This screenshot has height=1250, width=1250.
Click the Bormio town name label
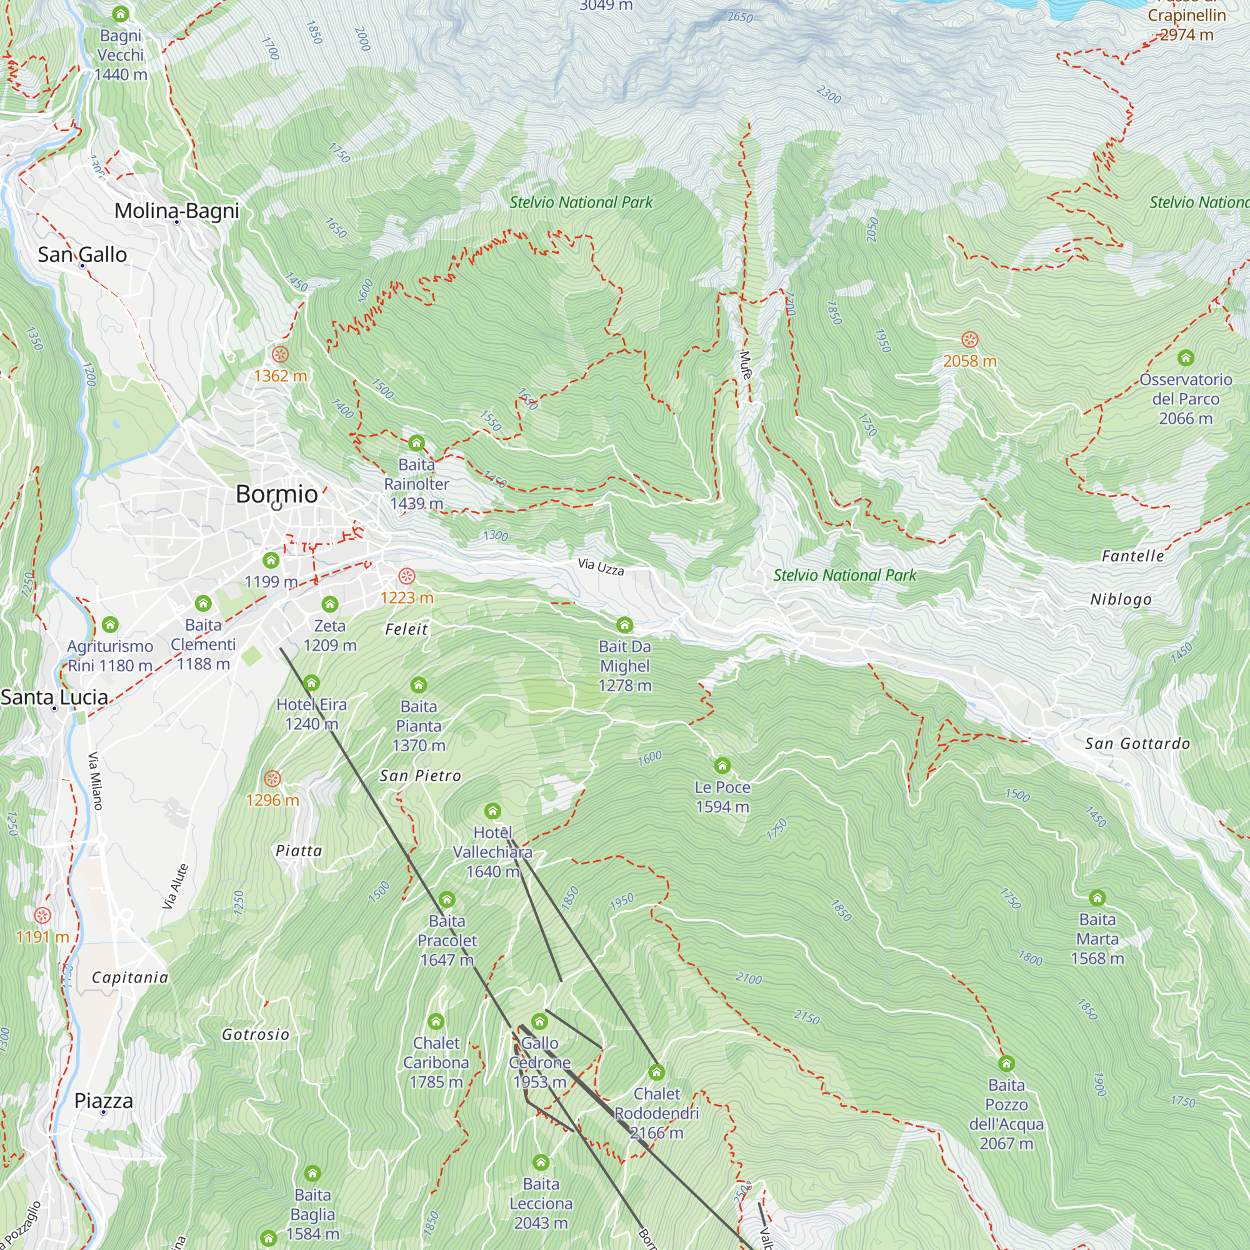276,494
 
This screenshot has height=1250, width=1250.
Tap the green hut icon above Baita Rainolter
416,443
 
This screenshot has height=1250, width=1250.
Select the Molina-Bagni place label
177,211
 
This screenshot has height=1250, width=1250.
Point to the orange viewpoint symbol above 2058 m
969,339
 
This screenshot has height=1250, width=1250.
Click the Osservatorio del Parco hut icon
1185,357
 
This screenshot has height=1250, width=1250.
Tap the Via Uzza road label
601,567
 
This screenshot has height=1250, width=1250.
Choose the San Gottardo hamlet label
1137,743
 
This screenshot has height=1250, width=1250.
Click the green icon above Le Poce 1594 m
722,766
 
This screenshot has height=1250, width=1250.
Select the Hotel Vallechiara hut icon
492,811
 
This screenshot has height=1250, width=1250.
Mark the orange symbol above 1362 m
280,354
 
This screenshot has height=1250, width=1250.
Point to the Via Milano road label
95,780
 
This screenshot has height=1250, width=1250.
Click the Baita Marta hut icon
1097,898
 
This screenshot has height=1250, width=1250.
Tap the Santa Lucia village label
54,697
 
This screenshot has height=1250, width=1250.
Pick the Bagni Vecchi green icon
121,14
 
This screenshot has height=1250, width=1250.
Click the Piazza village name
104,1101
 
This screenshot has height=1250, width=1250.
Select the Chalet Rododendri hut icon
657,1072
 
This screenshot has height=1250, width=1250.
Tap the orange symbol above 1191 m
42,916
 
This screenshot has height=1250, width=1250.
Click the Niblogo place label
1121,599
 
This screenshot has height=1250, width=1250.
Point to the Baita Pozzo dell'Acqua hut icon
1006,1064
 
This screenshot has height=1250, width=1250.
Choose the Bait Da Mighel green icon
624,625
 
